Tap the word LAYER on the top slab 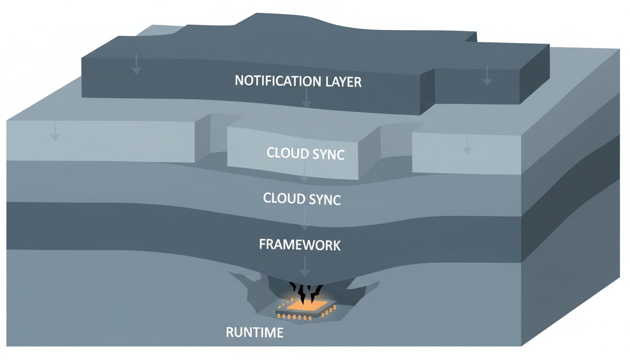point(344,82)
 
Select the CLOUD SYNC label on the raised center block point(306,153)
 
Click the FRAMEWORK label point(300,244)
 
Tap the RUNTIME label point(255,332)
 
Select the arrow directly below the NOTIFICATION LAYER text point(306,98)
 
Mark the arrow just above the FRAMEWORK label point(305,220)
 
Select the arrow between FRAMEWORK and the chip point(305,267)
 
